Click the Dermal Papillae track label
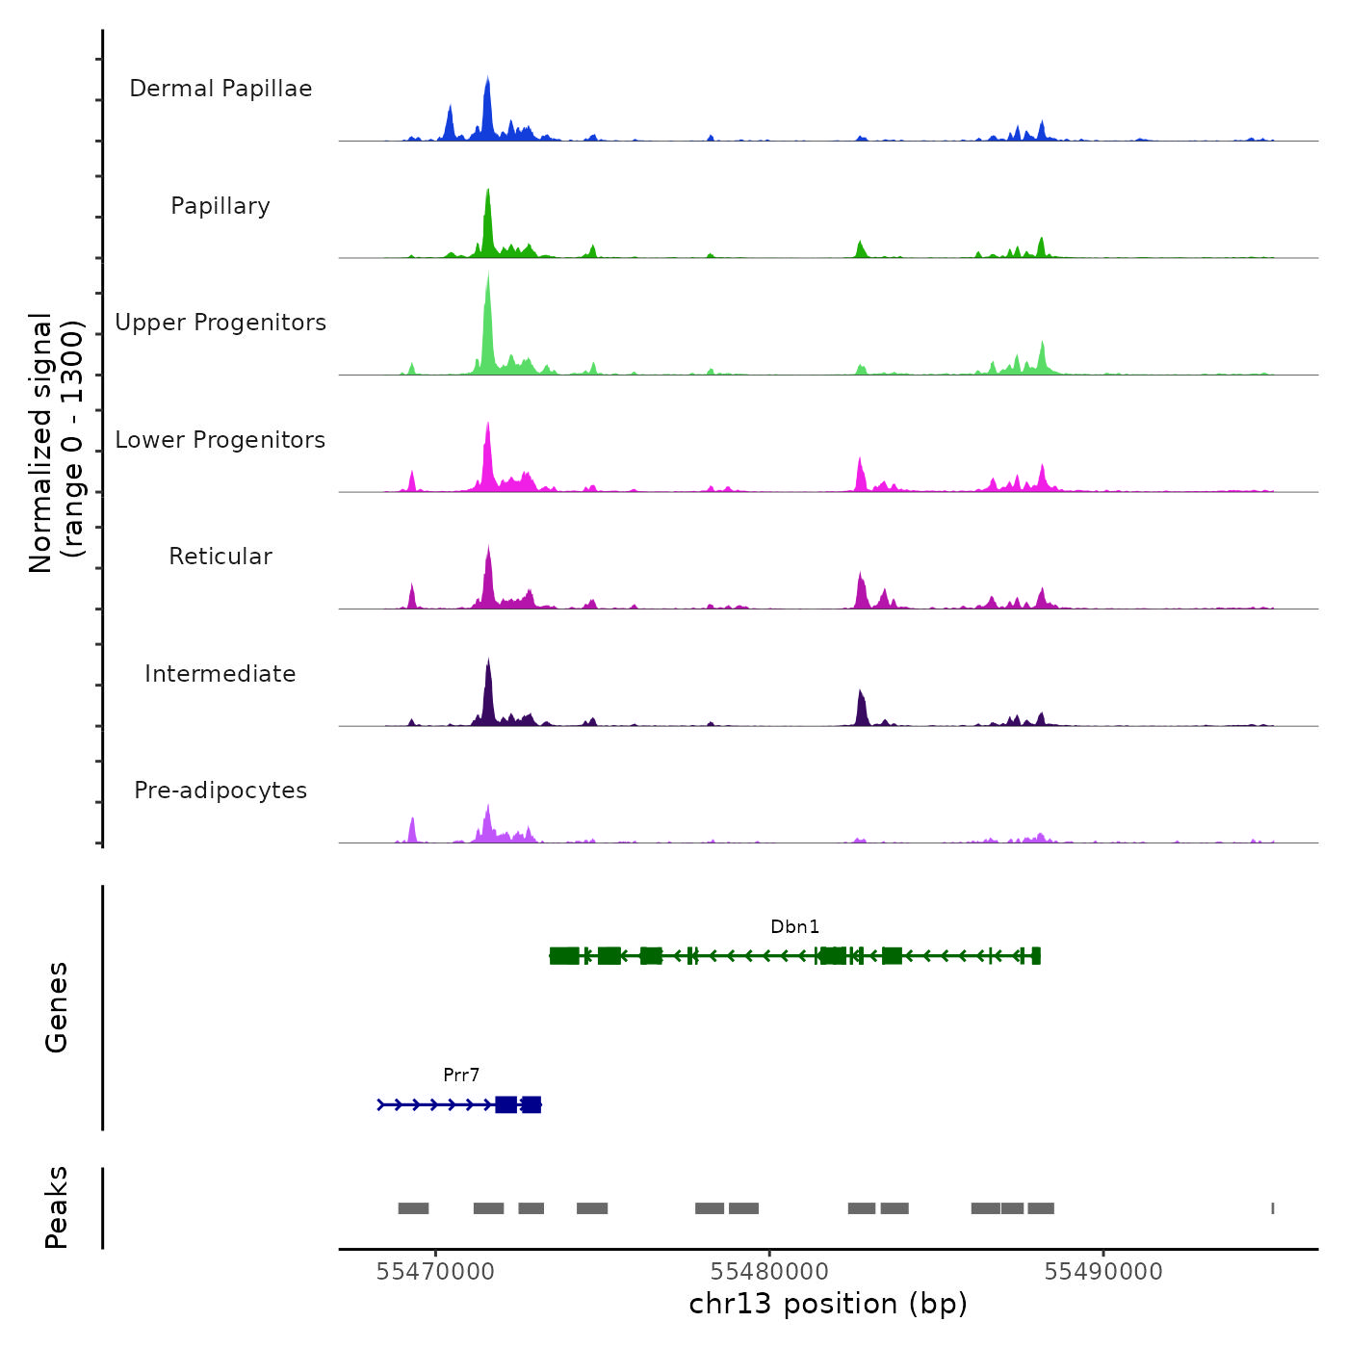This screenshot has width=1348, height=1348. pos(220,89)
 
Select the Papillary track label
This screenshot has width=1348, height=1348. pos(220,206)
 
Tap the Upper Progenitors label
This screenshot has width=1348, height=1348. pos(220,323)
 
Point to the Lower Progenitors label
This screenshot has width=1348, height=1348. pos(220,440)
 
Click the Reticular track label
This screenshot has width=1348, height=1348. pos(220,557)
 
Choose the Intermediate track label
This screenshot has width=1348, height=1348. pos(220,674)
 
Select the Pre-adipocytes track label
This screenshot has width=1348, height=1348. pos(220,791)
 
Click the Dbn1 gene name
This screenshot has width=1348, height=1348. pos(794,927)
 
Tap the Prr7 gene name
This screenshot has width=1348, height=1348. pos(461,1076)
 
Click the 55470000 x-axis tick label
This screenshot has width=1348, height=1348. pos(435,1272)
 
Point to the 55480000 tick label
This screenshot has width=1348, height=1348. pos(769,1272)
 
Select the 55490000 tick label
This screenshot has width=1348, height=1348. pos(1103,1272)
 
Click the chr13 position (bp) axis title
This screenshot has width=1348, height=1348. pos(828,1305)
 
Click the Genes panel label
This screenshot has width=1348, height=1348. pos(57,1007)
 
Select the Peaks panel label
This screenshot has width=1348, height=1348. pos(57,1207)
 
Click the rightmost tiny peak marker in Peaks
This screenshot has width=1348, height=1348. pos(1273,1208)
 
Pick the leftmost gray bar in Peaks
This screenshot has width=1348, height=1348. pos(413,1208)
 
